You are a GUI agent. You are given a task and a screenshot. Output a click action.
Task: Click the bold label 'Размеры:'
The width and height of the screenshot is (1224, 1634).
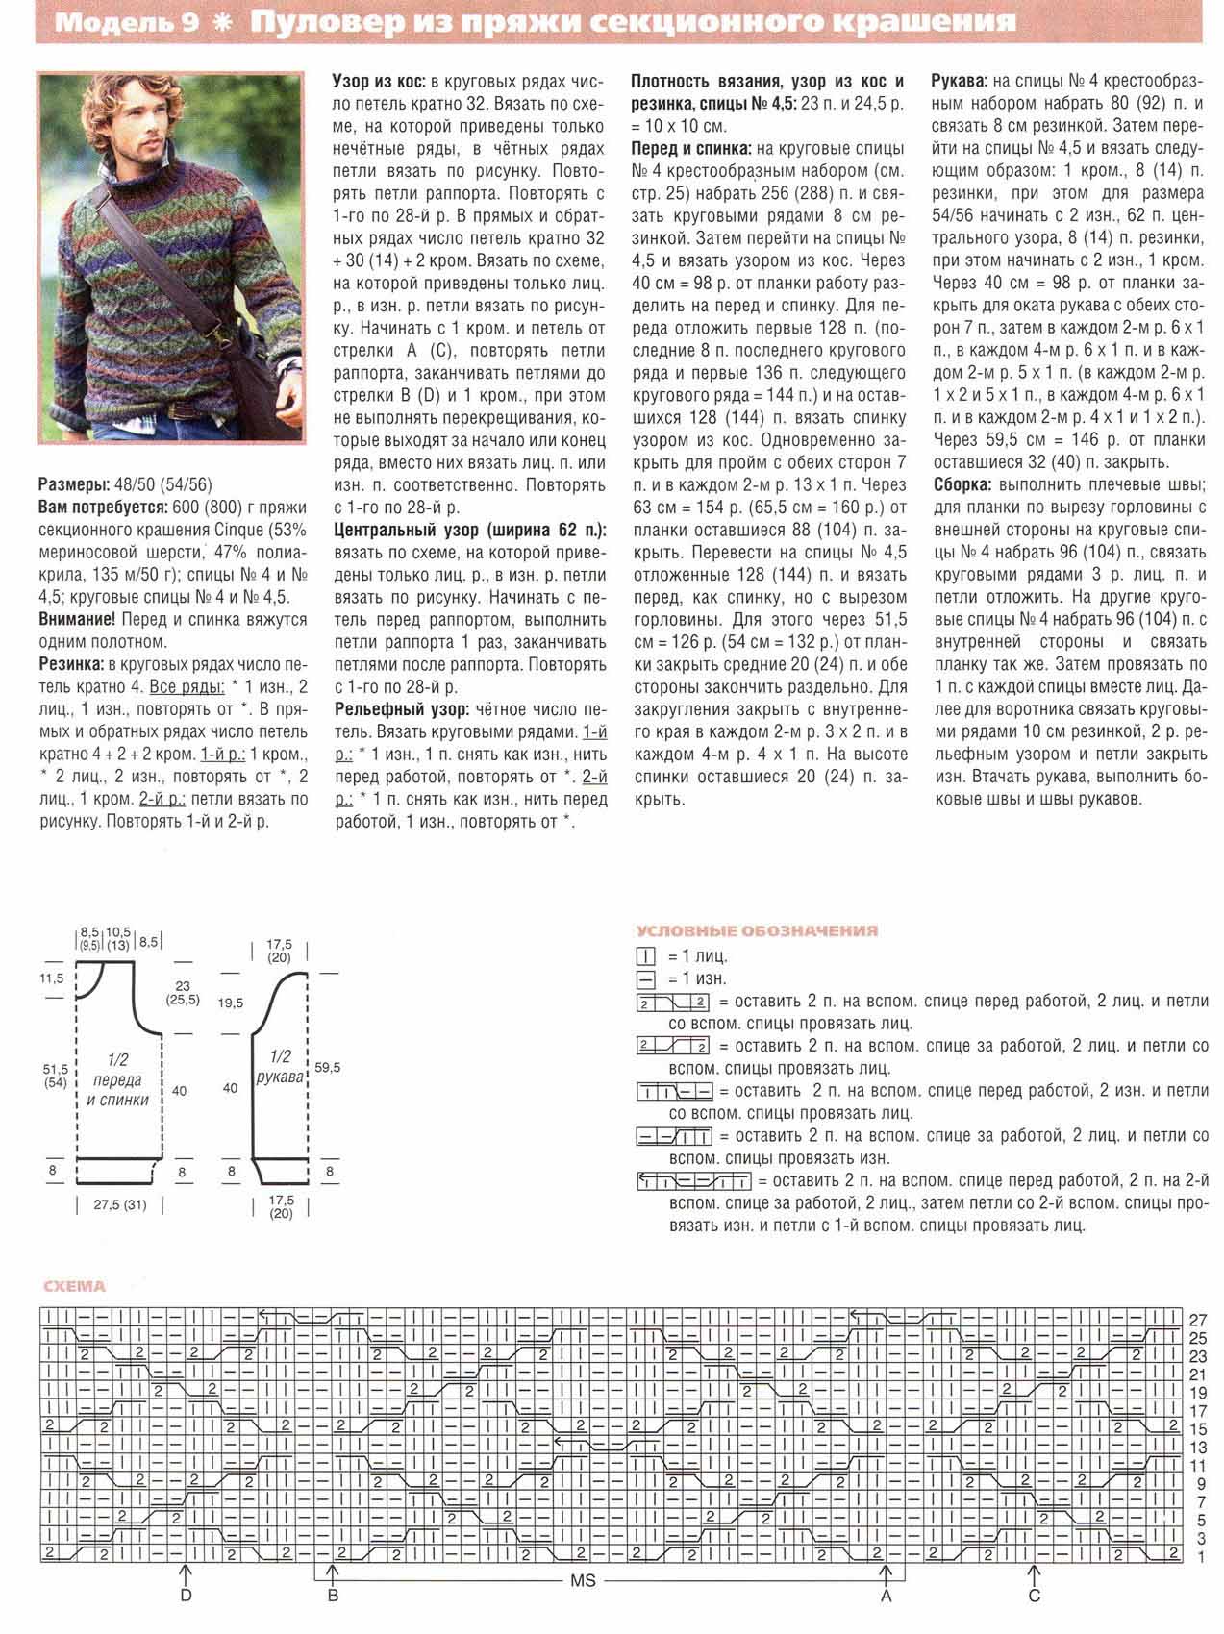point(73,483)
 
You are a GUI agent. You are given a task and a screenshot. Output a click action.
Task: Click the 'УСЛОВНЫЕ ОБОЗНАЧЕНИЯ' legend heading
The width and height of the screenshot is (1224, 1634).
point(757,930)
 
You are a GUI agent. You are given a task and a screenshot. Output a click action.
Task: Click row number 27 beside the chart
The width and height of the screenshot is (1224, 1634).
point(1198,1320)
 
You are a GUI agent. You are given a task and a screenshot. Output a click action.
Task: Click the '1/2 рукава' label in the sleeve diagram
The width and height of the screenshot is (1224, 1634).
point(280,1068)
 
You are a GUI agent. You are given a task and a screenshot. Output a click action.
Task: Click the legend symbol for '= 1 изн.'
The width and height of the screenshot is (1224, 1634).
point(645,978)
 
